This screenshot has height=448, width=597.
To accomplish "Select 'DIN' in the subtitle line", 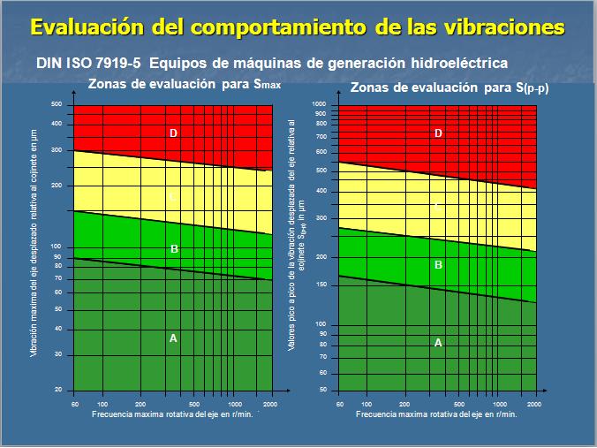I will click(51, 65).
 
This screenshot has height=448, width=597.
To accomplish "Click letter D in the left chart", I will click(174, 133).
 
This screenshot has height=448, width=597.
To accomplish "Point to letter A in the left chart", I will click(173, 338).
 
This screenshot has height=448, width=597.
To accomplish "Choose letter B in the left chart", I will click(174, 249).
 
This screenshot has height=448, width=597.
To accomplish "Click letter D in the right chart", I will click(438, 133).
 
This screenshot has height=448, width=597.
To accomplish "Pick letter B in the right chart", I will click(438, 264).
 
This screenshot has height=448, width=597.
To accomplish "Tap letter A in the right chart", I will click(438, 343).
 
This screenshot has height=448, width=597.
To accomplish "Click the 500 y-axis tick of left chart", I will click(57, 105).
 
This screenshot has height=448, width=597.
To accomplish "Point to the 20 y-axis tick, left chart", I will click(58, 390).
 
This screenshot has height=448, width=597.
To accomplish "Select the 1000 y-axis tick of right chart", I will click(320, 104).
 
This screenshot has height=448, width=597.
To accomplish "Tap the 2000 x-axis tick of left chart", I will click(270, 403).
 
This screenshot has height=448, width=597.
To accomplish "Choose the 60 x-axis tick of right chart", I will click(340, 403).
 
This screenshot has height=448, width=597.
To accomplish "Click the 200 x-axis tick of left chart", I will click(140, 403).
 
